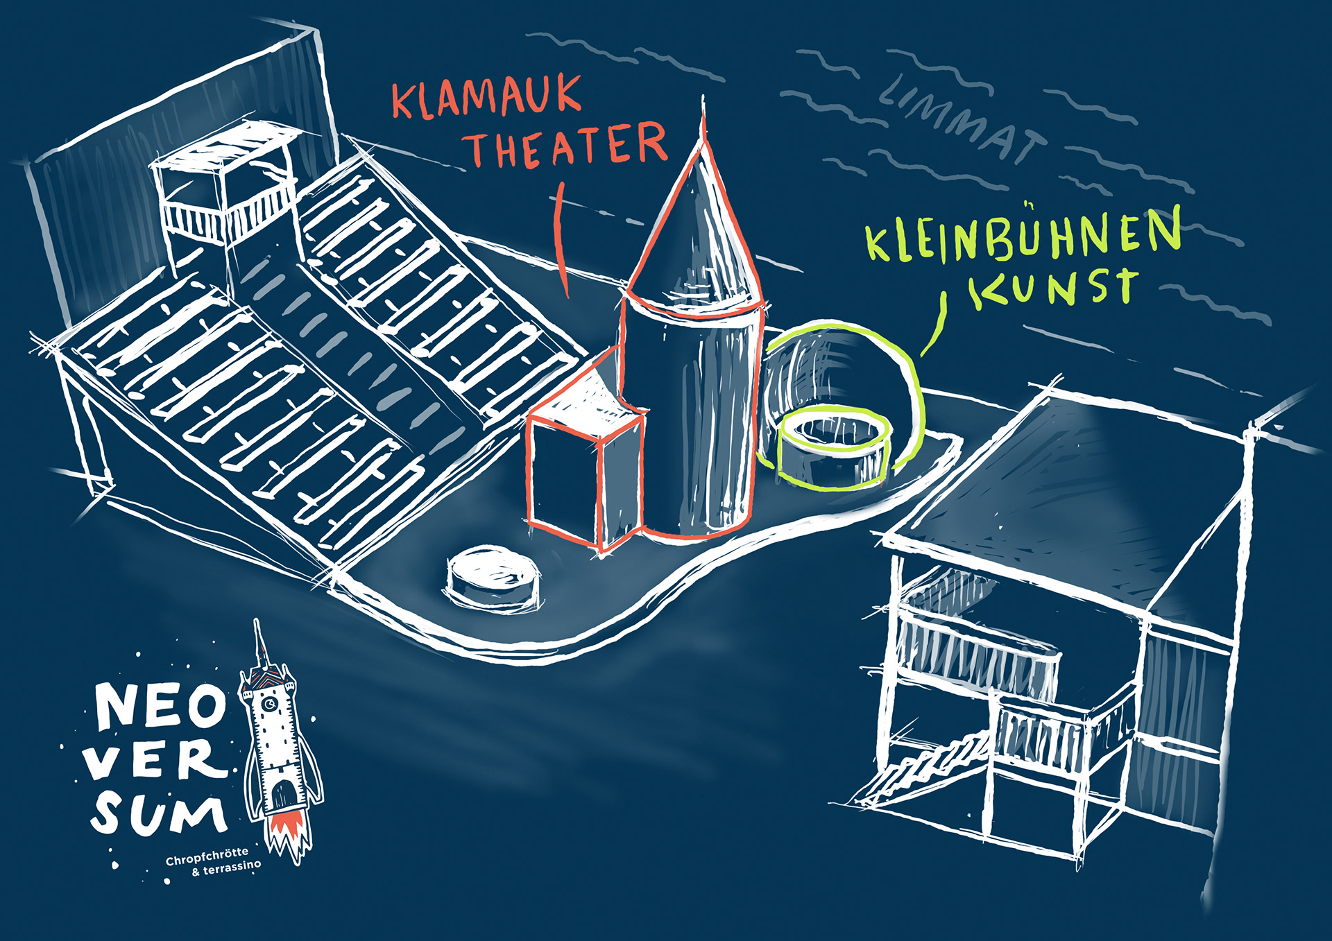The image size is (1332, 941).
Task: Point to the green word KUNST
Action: tap(1054, 287)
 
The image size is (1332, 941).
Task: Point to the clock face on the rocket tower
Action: tap(269, 705)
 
